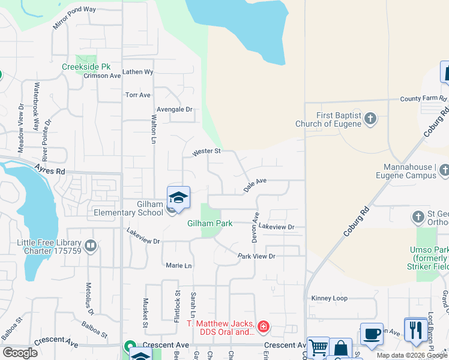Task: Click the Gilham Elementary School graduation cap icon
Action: click(x=178, y=197)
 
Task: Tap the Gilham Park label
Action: click(x=209, y=224)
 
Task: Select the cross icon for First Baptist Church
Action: click(x=370, y=118)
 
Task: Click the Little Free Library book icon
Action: click(x=90, y=245)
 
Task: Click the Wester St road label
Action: click(x=207, y=153)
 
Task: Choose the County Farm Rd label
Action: click(x=423, y=98)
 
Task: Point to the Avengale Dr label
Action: click(x=174, y=109)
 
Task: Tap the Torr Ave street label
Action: click(x=137, y=95)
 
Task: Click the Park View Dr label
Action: click(x=256, y=256)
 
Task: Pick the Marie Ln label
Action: click(x=178, y=265)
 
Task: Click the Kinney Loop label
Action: click(x=329, y=298)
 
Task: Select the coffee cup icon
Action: click(x=372, y=334)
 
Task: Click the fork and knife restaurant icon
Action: click(x=415, y=329)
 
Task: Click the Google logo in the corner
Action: click(x=20, y=353)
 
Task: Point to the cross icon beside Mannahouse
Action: click(x=444, y=171)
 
